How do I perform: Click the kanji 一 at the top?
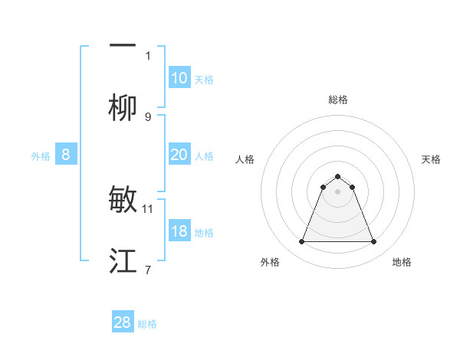coord(123,45)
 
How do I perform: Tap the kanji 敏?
coord(123,201)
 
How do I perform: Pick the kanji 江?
coord(123,262)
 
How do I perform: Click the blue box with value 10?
coord(179,78)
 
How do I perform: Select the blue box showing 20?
coord(179,155)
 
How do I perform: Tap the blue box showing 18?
coord(179,231)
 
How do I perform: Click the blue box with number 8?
coord(65,155)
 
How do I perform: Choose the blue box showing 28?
coord(123,322)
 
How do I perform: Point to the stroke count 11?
coord(148,208)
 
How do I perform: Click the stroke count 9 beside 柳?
coord(148,117)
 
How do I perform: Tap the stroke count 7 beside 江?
coord(148,270)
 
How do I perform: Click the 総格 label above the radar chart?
coord(337,100)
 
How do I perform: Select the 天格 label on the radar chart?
coord(432,159)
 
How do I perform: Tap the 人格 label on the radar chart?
coord(245,159)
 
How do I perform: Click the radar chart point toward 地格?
coord(373,242)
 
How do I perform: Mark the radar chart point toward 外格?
coord(301,242)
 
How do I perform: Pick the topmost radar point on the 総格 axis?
coord(337,176)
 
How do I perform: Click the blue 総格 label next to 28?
coord(148,324)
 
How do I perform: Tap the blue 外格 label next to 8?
coord(41,156)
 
